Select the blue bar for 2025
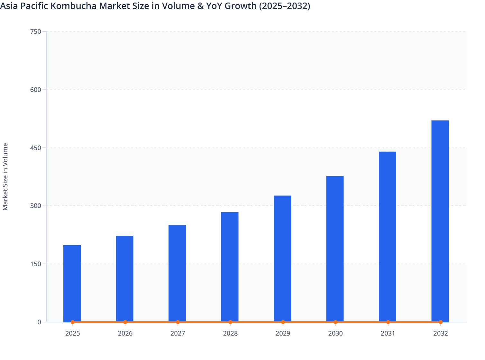point(72,283)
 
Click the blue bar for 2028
point(230,267)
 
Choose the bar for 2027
point(177,273)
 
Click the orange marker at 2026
point(125,322)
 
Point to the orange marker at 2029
point(283,322)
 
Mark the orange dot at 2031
point(388,322)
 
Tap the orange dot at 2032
point(440,322)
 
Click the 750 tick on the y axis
point(35,32)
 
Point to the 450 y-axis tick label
point(35,148)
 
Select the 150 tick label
point(35,264)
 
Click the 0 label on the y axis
point(39,322)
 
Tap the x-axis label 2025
point(72,333)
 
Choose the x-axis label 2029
point(283,333)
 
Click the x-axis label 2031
point(388,333)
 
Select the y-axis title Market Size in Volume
point(5,176)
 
